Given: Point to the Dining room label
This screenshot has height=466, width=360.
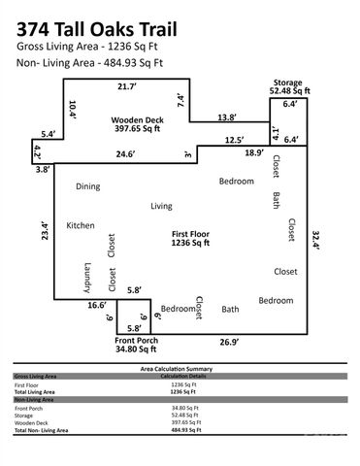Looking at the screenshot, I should coord(89,185).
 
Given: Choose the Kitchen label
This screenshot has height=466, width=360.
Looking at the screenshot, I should coord(81,225).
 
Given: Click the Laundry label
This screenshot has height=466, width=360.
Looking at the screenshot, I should coord(86,279).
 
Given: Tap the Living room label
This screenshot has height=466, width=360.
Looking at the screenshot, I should coord(161,206).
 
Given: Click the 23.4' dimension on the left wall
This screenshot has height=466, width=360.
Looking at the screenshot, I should coord(44,234).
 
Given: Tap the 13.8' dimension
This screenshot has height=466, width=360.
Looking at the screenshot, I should coord(225,116).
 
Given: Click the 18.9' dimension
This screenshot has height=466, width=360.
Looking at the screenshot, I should coord(253,153).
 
